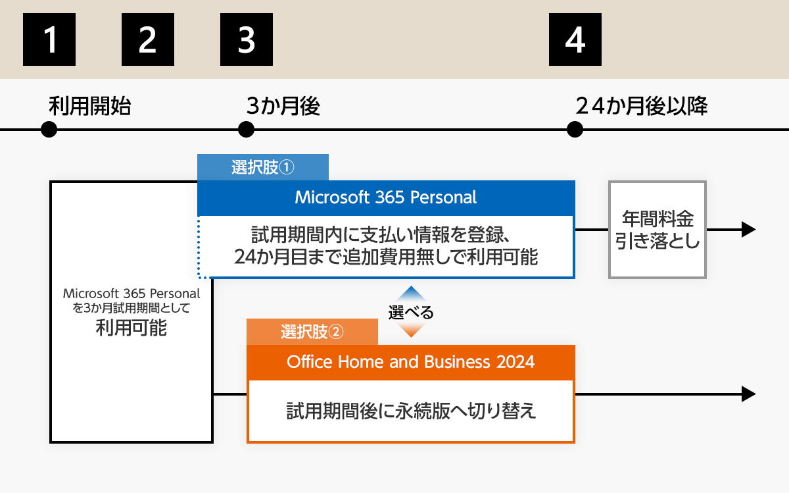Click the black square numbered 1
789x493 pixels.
pyautogui.click(x=49, y=40)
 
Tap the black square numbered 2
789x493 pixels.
pyautogui.click(x=148, y=40)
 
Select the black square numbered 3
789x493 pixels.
pyautogui.click(x=247, y=40)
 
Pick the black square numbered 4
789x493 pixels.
pyautogui.click(x=575, y=40)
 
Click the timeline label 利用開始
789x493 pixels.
pyautogui.click(x=89, y=106)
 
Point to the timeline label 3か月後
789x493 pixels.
pyautogui.click(x=283, y=106)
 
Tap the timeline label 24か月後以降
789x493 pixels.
pyautogui.click(x=641, y=106)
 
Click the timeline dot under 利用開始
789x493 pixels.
pyautogui.click(x=49, y=130)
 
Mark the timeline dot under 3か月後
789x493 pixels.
pyautogui.click(x=246, y=130)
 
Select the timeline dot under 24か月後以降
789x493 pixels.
pyautogui.click(x=575, y=130)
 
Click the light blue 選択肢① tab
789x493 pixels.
pyautogui.click(x=263, y=167)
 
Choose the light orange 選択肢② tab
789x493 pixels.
pyautogui.click(x=312, y=332)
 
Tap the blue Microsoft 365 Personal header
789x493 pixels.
pyautogui.click(x=386, y=197)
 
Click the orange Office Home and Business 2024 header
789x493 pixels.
pyautogui.click(x=411, y=362)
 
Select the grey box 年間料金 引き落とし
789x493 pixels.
pyautogui.click(x=657, y=230)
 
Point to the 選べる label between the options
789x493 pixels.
pyautogui.click(x=410, y=313)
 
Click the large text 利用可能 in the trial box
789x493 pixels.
pyautogui.click(x=131, y=327)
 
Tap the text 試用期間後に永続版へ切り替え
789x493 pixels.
pyautogui.click(x=411, y=411)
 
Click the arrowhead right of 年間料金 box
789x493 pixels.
pyautogui.click(x=748, y=230)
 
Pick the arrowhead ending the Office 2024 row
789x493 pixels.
pyautogui.click(x=748, y=394)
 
